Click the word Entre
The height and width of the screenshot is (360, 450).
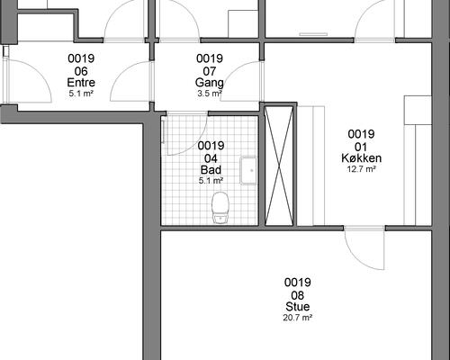(81, 83)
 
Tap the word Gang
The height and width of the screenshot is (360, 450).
(209, 83)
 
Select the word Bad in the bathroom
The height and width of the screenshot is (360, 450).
(211, 170)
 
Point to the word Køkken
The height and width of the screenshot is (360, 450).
(361, 158)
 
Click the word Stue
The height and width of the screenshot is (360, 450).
(298, 307)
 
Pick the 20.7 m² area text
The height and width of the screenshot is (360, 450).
(298, 318)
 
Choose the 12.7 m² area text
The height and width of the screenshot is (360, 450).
(361, 169)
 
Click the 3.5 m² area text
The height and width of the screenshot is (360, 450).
(210, 94)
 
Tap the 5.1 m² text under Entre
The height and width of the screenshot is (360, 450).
(81, 94)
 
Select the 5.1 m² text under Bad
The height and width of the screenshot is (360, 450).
(211, 181)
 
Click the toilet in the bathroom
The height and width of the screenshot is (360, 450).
(220, 208)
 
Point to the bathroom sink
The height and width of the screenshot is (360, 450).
(248, 171)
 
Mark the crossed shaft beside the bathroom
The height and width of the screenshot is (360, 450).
(279, 166)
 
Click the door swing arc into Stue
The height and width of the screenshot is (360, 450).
(357, 259)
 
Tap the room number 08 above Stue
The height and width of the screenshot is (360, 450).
(298, 295)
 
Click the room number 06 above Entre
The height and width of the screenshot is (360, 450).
(81, 71)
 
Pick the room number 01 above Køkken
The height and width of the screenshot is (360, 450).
(361, 147)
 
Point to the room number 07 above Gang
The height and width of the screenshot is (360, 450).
(210, 71)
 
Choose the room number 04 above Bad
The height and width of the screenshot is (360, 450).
(211, 158)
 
